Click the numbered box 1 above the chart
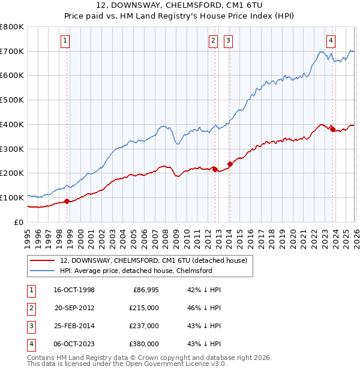pyautogui.click(x=65, y=41)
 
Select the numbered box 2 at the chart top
pyautogui.click(x=213, y=41)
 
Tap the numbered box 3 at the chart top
pyautogui.click(x=229, y=41)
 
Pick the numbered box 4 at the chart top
pyautogui.click(x=331, y=41)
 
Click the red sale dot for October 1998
pyautogui.click(x=67, y=201)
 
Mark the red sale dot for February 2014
pyautogui.click(x=230, y=164)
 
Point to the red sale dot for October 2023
pyautogui.click(x=332, y=128)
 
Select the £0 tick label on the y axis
pyautogui.click(x=19, y=222)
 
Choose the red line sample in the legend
pyautogui.click(x=42, y=261)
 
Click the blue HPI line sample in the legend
pyautogui.click(x=42, y=271)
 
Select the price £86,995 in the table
pyautogui.click(x=146, y=290)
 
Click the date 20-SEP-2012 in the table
pyautogui.click(x=75, y=308)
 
